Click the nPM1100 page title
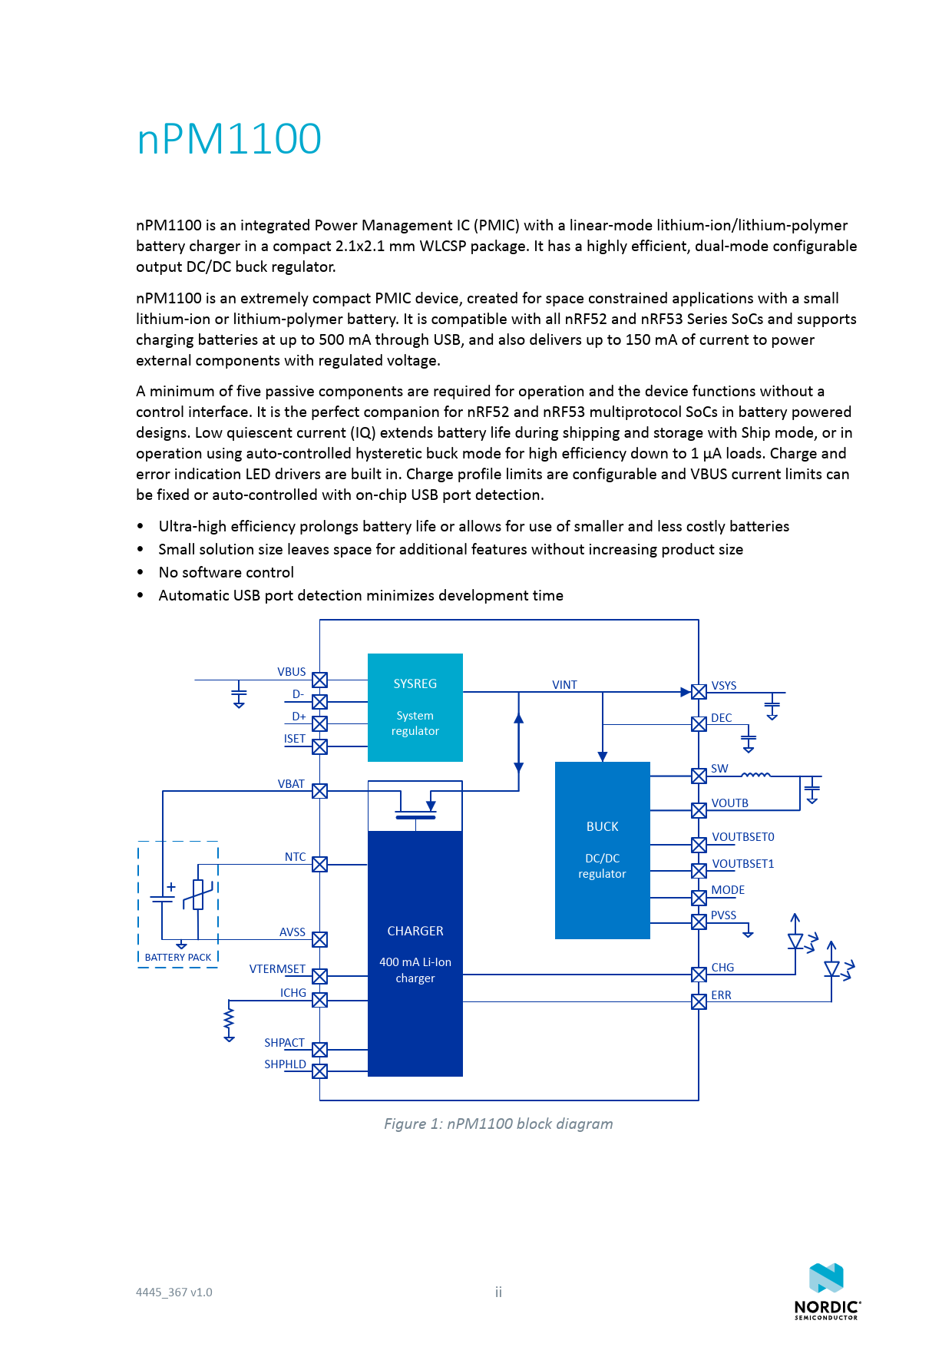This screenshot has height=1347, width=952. pos(229,139)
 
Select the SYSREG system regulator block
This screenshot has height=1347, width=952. pos(415,707)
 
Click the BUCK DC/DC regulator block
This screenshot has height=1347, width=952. pos(602,849)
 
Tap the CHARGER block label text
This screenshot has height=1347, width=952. pos(415,931)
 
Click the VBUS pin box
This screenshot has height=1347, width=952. pos(320,680)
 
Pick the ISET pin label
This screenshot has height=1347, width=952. pos(295,739)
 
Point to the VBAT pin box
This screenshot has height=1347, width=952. pos(320,791)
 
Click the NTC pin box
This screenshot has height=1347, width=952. pos(320,864)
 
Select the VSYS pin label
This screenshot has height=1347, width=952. pos(723,686)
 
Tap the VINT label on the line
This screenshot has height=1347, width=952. pos(564,685)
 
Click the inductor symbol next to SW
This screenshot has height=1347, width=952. pos(755,776)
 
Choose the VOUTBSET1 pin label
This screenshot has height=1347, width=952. pos(742,864)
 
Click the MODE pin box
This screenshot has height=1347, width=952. pos(699,897)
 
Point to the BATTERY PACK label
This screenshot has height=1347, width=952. pos(178,958)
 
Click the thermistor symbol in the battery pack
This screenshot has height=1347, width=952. pos(198,895)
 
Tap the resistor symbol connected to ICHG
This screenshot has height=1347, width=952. pos(229,1021)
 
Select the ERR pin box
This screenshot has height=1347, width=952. pos(699,1001)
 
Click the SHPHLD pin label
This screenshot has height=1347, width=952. pos(285,1064)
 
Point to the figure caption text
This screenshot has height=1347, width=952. pos(498,1124)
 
